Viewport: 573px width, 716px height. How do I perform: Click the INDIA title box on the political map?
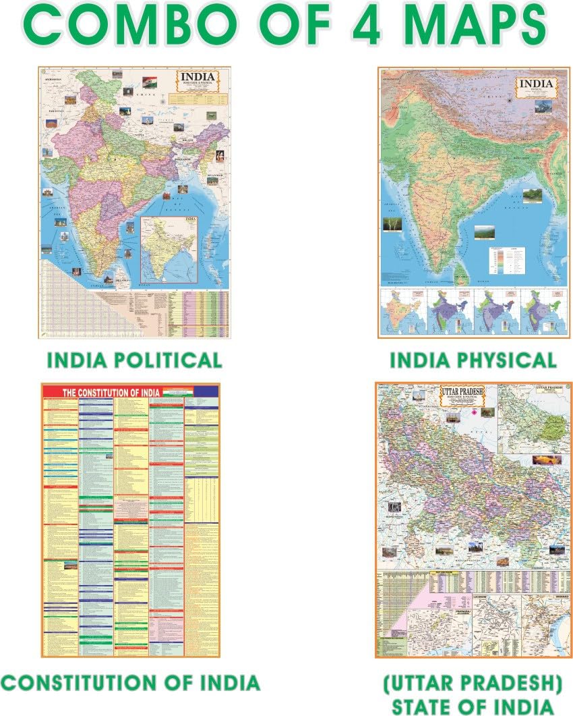pyautogui.click(x=201, y=84)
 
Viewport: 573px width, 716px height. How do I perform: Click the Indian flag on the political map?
pyautogui.click(x=150, y=82)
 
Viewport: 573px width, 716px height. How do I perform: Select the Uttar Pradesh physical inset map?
pyautogui.click(x=534, y=419)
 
